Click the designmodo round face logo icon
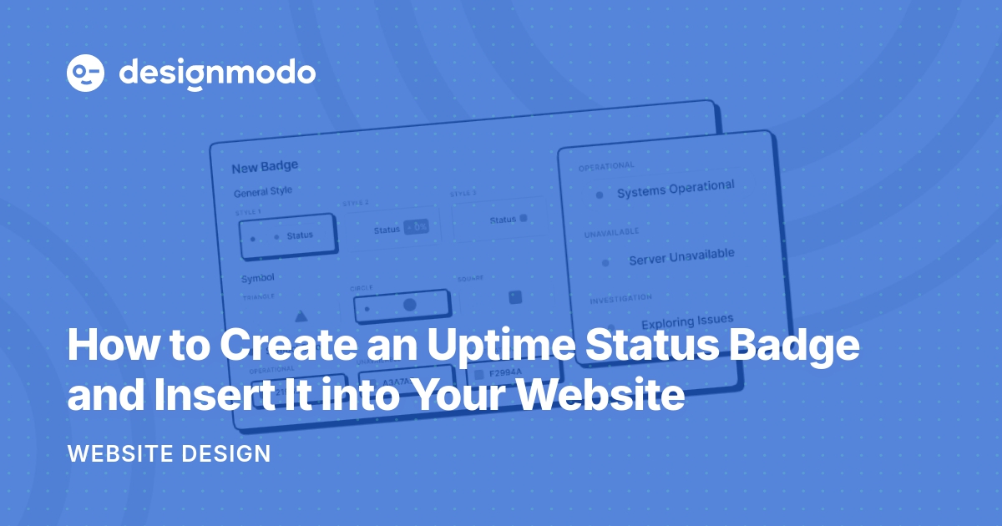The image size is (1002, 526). click(85, 73)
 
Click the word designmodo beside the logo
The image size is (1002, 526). click(217, 73)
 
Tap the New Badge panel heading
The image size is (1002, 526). click(265, 167)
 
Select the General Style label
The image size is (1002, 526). click(263, 191)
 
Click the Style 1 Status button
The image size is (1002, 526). click(286, 236)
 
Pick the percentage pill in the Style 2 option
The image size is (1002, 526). click(416, 226)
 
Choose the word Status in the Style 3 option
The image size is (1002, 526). click(503, 220)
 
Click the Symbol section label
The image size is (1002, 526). click(258, 277)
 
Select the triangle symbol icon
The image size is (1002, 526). click(301, 316)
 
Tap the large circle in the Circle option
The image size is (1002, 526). click(410, 305)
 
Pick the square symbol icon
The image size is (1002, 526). click(515, 296)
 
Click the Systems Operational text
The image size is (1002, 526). click(676, 189)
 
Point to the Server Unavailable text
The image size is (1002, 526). click(681, 255)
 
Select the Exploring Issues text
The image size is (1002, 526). click(687, 321)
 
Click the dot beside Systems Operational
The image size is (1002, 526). click(600, 195)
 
